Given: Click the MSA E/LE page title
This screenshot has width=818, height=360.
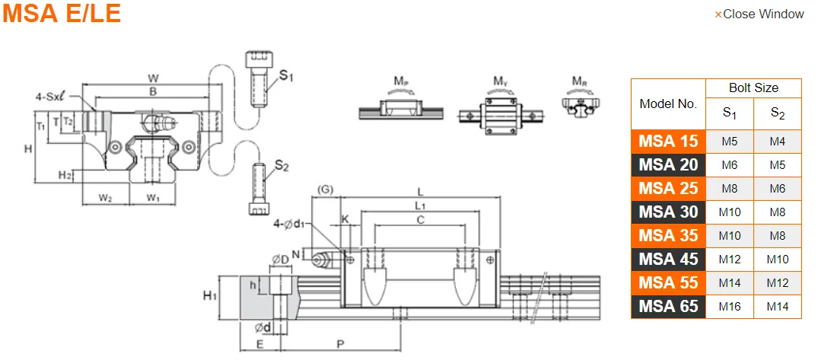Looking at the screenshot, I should pos(62,14).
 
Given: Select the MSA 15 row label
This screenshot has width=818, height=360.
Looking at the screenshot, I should pos(668,141).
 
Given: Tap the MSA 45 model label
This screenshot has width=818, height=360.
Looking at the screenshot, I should pos(668,260).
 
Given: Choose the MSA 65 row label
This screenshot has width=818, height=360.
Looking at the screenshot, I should pos(668,307).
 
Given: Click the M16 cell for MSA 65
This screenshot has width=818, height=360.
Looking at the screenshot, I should pos(730,307).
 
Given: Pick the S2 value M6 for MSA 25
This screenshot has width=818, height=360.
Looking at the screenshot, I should pos(777,188).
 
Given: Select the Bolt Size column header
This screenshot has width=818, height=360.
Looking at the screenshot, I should pos(753,88).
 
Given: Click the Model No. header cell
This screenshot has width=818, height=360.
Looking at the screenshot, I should pos(667,104).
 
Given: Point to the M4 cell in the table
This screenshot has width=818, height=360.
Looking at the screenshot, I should pos(777,141).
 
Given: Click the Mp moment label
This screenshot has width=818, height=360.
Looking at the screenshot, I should pos(401,81).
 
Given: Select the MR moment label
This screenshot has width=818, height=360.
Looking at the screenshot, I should pos(580,81).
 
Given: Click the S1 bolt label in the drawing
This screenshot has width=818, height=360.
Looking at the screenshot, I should pos(286,75).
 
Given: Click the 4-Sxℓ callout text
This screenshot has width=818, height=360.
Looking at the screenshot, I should pos(54,97).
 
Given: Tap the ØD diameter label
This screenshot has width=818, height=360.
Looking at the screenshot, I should pos(280,261).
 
